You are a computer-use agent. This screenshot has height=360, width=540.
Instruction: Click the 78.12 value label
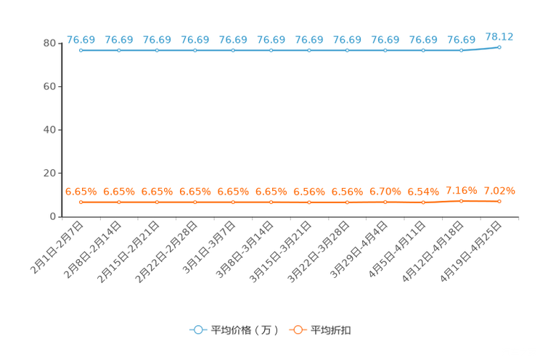coord(499,37)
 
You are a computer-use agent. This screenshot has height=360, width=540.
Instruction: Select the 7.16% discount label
coord(461,190)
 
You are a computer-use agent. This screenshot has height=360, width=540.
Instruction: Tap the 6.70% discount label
coord(385,192)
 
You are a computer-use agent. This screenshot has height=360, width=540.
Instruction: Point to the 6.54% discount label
coord(423,192)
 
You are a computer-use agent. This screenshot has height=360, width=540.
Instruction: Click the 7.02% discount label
coord(499,190)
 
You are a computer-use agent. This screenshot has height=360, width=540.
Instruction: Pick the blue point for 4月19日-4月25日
coord(499,47)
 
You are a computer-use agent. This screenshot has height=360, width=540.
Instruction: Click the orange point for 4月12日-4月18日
coord(461,201)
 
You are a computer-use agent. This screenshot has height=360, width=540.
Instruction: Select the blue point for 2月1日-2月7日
coord(81,50)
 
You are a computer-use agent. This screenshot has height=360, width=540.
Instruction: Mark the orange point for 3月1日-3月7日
coord(233,202)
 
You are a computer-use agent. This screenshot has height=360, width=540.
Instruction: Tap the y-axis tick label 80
coord(49,44)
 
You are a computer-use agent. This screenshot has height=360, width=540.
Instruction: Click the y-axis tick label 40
coord(49,130)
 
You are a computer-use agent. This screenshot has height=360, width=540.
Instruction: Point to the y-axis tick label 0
coord(53,216)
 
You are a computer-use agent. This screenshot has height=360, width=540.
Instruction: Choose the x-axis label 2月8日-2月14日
coord(92,250)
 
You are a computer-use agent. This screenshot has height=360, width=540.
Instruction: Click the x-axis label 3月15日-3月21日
coord(280,252)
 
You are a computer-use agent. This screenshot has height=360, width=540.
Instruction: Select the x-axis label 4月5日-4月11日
coord(397,250)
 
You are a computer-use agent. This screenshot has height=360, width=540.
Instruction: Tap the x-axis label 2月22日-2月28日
coord(166,252)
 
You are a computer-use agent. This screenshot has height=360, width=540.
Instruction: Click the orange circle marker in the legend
coord(298,330)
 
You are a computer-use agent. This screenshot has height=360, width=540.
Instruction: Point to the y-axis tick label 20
coord(49,173)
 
